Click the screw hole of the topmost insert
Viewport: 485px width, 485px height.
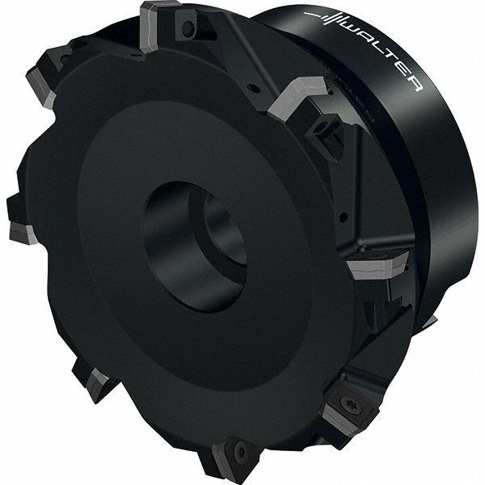pyautogui.click(x=188, y=29)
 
